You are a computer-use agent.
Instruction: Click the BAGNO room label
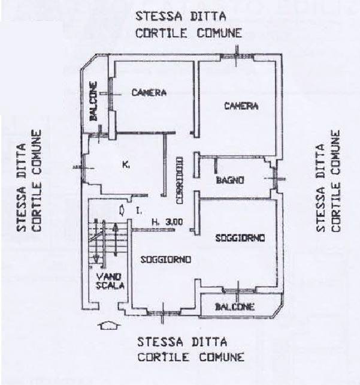click(229, 180)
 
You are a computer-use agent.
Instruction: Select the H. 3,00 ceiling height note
click(167, 222)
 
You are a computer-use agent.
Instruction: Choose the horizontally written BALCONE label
click(235, 307)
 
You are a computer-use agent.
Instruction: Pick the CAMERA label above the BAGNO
click(241, 106)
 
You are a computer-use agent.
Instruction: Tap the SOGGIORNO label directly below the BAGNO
click(240, 238)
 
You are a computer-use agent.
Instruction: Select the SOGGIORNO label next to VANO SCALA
click(166, 260)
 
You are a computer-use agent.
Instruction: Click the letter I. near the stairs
click(138, 210)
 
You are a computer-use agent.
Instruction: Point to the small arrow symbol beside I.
click(122, 210)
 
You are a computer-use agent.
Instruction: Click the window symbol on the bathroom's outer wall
click(276, 178)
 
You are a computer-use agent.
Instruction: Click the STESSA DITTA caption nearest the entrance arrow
click(182, 342)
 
